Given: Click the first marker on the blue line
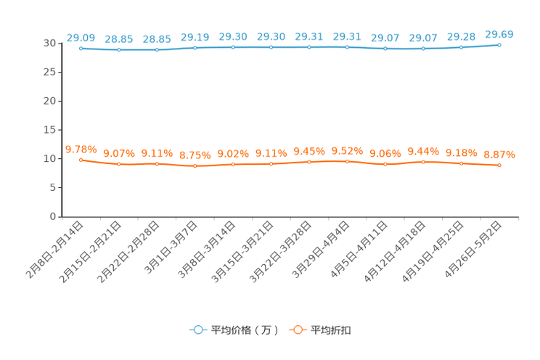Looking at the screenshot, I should [x=81, y=48].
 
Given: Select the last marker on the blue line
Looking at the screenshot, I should [x=499, y=45].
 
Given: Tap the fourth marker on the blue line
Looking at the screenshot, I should [x=195, y=48].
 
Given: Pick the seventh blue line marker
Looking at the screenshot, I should [x=309, y=47].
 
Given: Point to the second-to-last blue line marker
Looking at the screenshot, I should [x=461, y=48].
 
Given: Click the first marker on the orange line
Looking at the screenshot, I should [x=81, y=160].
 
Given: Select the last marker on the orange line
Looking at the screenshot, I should [x=499, y=165].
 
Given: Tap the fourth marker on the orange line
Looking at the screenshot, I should [x=195, y=166].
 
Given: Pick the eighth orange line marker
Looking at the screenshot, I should [x=347, y=161].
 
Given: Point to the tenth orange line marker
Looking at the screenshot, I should [x=423, y=162].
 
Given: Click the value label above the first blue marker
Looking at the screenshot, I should [x=81, y=37].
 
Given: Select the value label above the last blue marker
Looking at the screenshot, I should [x=499, y=33].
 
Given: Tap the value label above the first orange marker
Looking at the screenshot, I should [x=81, y=150].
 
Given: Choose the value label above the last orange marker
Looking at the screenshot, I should [x=499, y=155].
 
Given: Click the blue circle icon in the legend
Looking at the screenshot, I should [x=197, y=330].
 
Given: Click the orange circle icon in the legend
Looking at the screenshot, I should [x=297, y=330].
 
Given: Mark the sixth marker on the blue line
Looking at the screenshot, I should [x=271, y=47].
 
